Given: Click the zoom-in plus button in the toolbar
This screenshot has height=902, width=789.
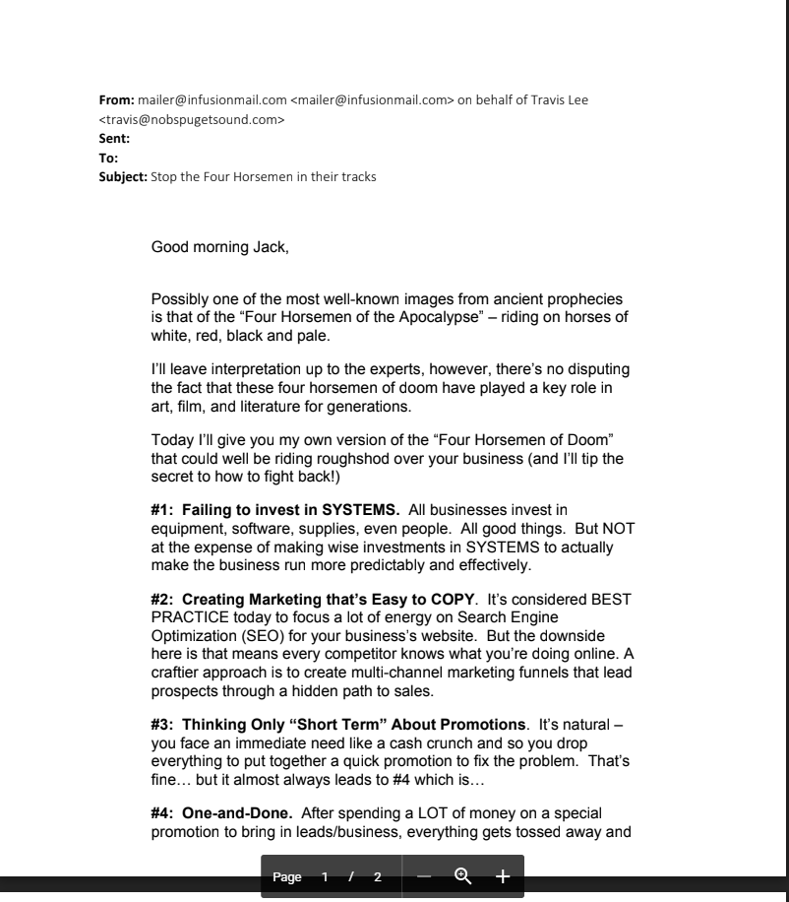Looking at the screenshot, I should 502,876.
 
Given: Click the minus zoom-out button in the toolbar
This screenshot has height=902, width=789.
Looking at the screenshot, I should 424,876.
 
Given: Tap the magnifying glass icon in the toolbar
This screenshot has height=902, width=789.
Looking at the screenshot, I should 462,876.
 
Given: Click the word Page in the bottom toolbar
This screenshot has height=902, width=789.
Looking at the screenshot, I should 287,877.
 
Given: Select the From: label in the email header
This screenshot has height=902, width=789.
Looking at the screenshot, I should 117,100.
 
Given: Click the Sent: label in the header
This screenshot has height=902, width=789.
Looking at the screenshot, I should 114,139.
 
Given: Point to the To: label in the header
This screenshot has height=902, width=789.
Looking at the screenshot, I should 108,159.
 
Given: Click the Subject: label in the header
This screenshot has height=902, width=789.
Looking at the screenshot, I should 123,177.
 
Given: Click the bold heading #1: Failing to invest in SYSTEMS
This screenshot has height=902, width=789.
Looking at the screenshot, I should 274,510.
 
